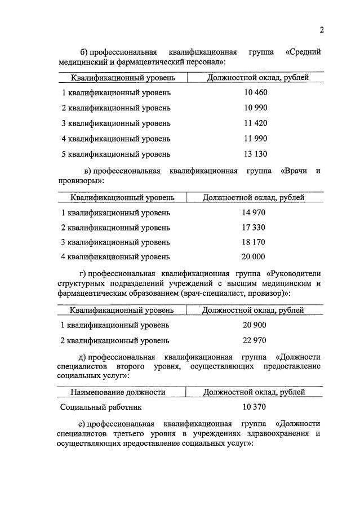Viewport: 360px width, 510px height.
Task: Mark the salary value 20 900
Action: point(254,325)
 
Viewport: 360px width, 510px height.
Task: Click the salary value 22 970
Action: point(254,340)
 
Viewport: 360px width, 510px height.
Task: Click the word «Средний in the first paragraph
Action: point(303,52)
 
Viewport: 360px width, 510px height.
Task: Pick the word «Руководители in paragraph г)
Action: point(293,274)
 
